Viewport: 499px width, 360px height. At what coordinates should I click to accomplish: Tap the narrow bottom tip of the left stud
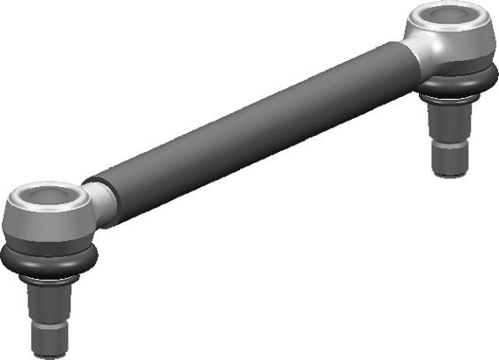coord(49,340)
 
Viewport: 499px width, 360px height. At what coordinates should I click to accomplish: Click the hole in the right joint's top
coord(449,18)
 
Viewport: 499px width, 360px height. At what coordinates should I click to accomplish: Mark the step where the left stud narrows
coord(49,323)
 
